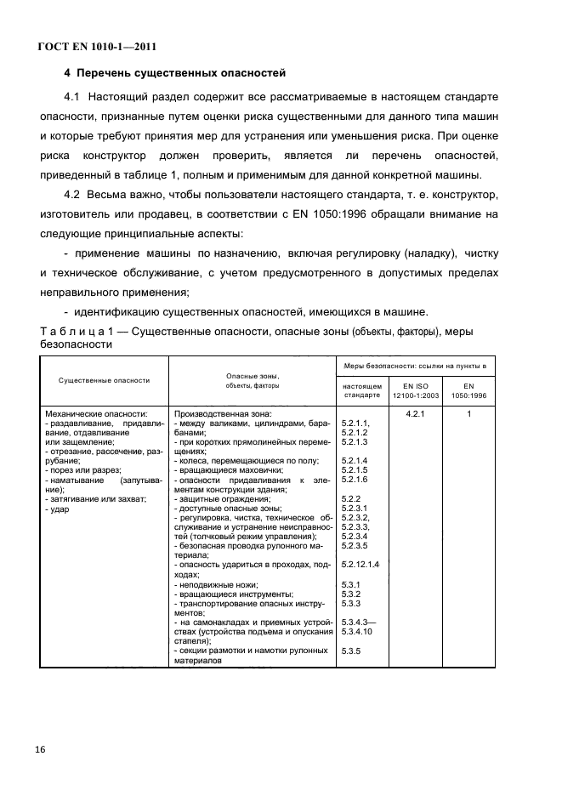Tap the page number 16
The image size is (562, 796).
tap(40, 749)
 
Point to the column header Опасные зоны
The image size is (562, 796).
tap(253, 375)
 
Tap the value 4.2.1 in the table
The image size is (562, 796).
tap(414, 413)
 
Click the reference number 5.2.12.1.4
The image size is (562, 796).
tap(360, 564)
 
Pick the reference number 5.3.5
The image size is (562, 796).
tap(351, 651)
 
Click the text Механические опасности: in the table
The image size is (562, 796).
tap(96, 413)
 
